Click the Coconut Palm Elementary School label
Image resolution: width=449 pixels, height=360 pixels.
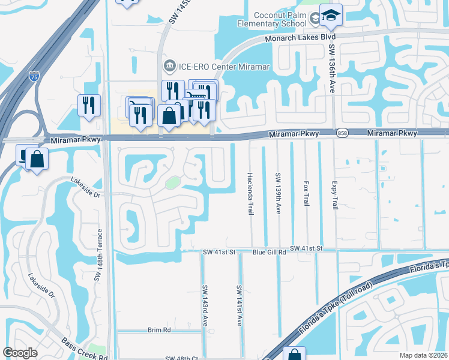click(x=279, y=19)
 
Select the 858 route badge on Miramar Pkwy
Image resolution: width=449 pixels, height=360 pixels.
click(x=342, y=133)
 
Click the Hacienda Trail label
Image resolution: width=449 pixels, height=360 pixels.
click(x=250, y=194)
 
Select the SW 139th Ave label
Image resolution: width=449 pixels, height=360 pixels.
click(x=278, y=194)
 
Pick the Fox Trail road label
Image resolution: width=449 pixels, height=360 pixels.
click(x=306, y=194)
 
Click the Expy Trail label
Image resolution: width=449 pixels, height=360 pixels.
click(x=334, y=194)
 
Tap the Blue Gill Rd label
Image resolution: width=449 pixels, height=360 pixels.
click(x=269, y=253)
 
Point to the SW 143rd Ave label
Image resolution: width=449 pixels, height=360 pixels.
click(x=205, y=305)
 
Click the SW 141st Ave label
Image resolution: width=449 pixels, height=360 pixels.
click(x=239, y=305)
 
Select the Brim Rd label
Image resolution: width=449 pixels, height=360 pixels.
click(x=159, y=330)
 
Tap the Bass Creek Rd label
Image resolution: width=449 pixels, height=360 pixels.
click(x=85, y=349)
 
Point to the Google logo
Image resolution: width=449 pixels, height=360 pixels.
click(x=20, y=352)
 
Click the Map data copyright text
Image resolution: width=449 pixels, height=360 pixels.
click(x=423, y=355)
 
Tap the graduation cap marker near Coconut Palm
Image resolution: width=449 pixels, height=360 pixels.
click(x=330, y=16)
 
